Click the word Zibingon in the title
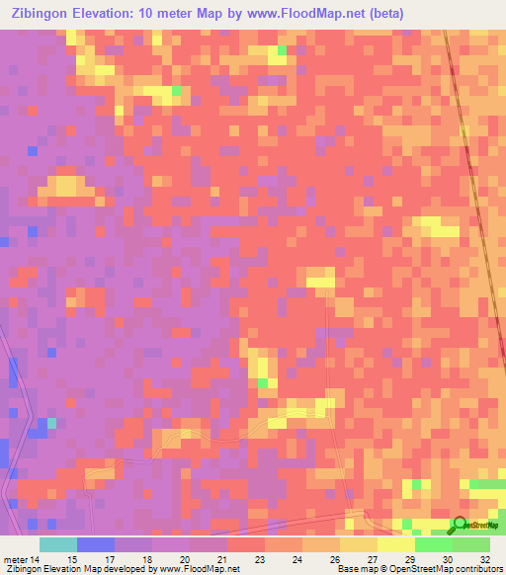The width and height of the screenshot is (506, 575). point(39,14)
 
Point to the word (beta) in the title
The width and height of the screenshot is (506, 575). point(380,14)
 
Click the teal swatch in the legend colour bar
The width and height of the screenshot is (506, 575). point(57,543)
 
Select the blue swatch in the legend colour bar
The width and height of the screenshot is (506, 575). point(95,543)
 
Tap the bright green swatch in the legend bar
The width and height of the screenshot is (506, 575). point(433,543)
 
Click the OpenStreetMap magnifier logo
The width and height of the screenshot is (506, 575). point(462,526)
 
